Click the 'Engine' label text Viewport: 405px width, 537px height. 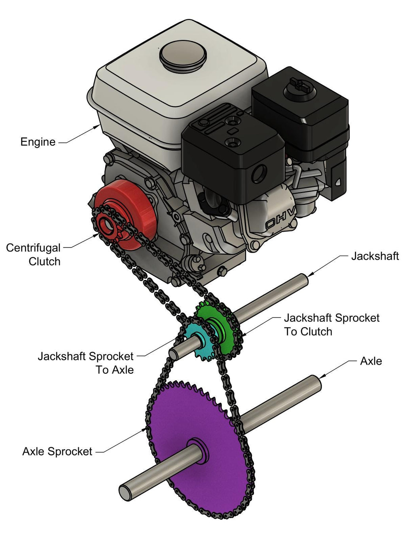pos(38,142)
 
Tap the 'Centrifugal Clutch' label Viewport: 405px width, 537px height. pos(34,255)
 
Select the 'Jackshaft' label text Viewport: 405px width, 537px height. pos(375,256)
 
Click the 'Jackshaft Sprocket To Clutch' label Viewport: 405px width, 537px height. pos(331,325)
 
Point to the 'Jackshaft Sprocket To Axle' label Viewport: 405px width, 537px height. pos(86,363)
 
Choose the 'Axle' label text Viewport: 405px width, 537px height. pos(371,361)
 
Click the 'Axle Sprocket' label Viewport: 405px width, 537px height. pos(57,451)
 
